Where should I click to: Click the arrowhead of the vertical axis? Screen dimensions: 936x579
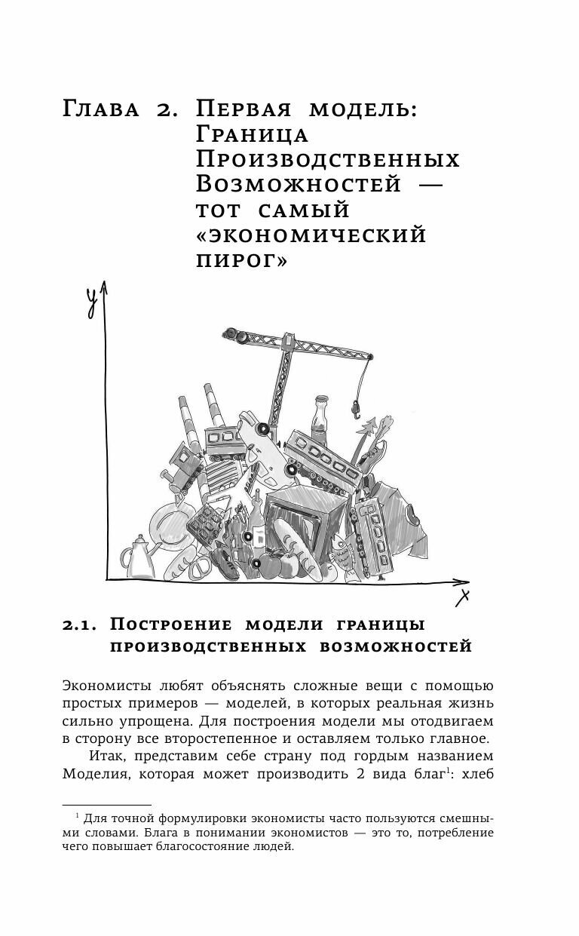(105, 288)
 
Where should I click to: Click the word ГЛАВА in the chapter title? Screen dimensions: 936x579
(103, 110)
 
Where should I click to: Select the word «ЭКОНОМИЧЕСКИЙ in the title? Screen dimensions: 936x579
(311, 235)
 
